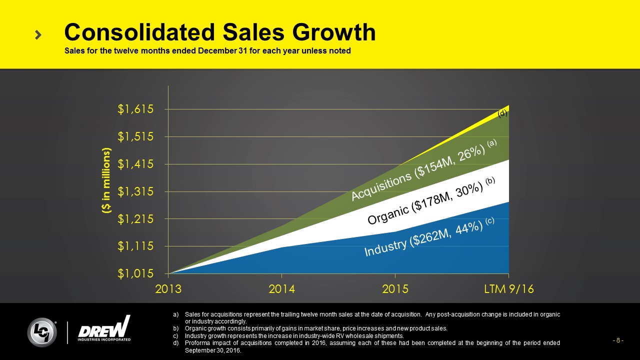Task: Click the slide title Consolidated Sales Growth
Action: [219, 32]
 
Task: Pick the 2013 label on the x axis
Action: [168, 289]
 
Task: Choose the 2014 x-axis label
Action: [282, 289]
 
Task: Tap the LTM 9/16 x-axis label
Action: [508, 289]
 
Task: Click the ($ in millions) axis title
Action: [106, 181]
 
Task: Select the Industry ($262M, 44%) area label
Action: [429, 237]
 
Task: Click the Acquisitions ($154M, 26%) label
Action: [422, 170]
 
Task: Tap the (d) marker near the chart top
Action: [502, 113]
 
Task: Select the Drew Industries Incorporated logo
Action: [104, 329]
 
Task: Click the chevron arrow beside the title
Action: [38, 34]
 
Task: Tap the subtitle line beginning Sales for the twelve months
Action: [207, 51]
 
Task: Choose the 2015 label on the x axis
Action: [395, 289]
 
